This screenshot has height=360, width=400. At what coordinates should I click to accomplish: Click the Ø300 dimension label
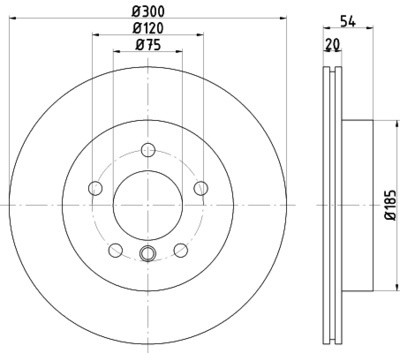click(x=148, y=12)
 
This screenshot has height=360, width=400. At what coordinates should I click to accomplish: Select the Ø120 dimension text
click(x=148, y=28)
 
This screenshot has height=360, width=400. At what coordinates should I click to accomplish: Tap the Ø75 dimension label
click(x=148, y=45)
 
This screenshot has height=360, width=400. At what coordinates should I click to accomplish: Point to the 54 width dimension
click(x=348, y=22)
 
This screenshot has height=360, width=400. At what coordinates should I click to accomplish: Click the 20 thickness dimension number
click(x=332, y=44)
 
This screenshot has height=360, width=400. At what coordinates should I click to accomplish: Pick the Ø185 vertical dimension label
click(x=391, y=205)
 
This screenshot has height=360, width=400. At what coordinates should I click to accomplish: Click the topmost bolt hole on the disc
click(x=148, y=150)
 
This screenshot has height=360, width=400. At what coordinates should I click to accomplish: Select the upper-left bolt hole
click(x=95, y=188)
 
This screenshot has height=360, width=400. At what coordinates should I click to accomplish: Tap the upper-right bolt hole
click(x=201, y=188)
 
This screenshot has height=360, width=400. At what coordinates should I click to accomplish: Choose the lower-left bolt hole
click(x=116, y=250)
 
